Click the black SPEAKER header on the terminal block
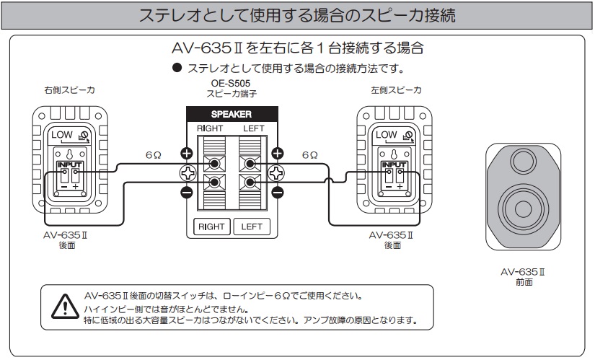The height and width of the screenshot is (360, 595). pos(231,114)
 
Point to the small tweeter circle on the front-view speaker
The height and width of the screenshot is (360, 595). pos(521,161)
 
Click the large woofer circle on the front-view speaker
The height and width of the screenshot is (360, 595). pos(521,210)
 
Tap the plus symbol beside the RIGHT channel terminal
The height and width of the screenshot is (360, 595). pos(185,153)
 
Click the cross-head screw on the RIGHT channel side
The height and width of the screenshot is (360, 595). pos(185,172)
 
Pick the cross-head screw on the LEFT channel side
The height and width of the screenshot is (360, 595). pos(277,172)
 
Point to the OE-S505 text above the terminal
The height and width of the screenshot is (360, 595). pos(231,84)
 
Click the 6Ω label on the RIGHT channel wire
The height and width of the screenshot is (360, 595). pos(153,155)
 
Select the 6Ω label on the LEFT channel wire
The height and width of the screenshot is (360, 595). pos(309,155)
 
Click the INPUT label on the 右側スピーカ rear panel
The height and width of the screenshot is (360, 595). pos(71,165)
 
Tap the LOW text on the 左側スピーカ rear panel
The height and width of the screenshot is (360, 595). pos(386,135)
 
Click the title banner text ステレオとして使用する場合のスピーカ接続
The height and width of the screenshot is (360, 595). pos(297,16)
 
